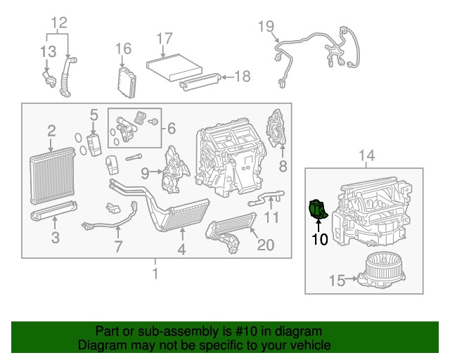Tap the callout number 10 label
coord(320,240)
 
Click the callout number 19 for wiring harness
coord(265,27)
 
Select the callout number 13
coord(48,51)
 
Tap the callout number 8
coord(283,166)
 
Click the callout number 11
coord(271,218)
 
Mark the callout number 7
coord(118,246)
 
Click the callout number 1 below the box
coord(156,271)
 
